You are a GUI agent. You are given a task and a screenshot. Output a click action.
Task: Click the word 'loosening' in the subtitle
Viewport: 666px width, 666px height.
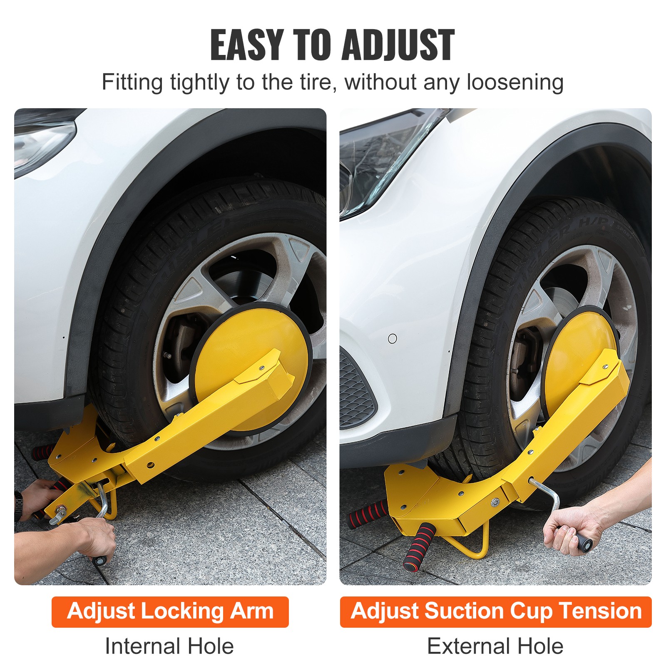[x=515, y=82]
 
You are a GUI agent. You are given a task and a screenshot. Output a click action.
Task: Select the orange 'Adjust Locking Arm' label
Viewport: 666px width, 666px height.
[x=170, y=611]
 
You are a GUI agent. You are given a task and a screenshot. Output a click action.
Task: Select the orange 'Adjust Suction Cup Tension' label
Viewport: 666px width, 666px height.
[x=495, y=611]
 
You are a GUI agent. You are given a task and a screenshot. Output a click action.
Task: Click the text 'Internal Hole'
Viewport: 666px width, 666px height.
[x=169, y=646]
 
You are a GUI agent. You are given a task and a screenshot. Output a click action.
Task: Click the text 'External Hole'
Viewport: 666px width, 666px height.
[x=495, y=646]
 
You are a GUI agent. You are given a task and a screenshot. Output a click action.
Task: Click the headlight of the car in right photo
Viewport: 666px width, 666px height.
[x=375, y=166]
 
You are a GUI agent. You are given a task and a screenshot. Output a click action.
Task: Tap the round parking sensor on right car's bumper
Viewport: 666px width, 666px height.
[x=392, y=338]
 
